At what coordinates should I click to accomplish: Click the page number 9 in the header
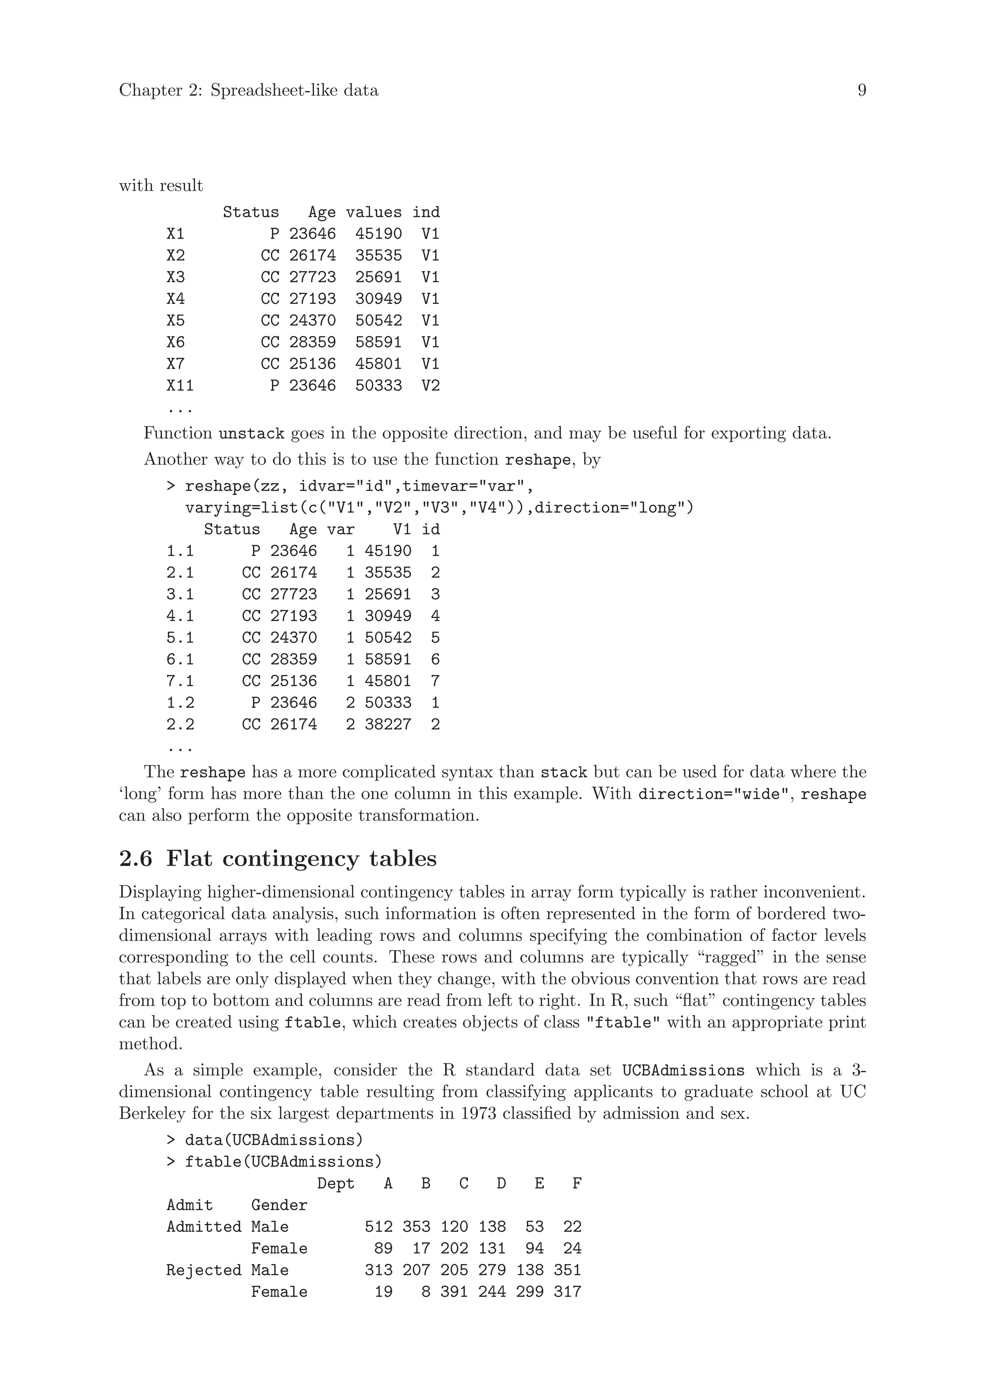[862, 91]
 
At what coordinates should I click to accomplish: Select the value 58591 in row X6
[378, 342]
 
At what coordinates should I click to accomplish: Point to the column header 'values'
[373, 212]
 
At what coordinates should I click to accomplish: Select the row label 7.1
[180, 681]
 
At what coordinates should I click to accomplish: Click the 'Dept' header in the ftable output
[335, 1184]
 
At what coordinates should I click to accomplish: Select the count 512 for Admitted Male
[378, 1226]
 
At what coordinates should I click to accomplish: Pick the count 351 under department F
[567, 1270]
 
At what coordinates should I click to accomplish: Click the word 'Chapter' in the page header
[151, 91]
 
